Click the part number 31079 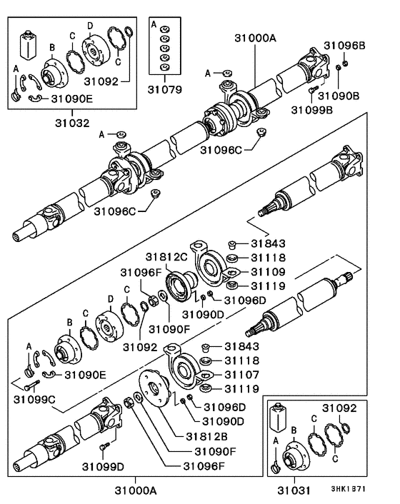[x=165, y=91]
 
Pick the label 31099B [x=311, y=109]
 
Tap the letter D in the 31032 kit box [x=90, y=26]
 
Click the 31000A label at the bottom [x=135, y=490]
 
